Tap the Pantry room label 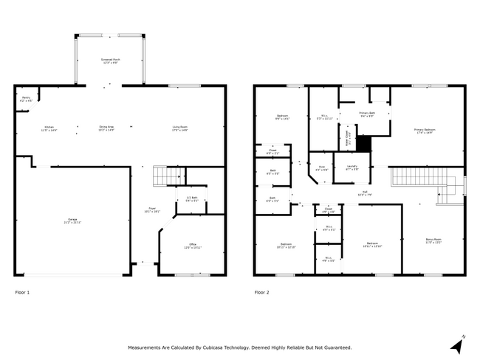click(26, 98)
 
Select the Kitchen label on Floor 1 click(49, 128)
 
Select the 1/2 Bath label click(191, 199)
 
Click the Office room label click(192, 246)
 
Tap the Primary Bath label click(368, 114)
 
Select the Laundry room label click(352, 167)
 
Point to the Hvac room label click(322, 167)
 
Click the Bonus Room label click(433, 240)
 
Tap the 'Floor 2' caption click(262, 292)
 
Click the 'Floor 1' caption click(23, 292)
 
